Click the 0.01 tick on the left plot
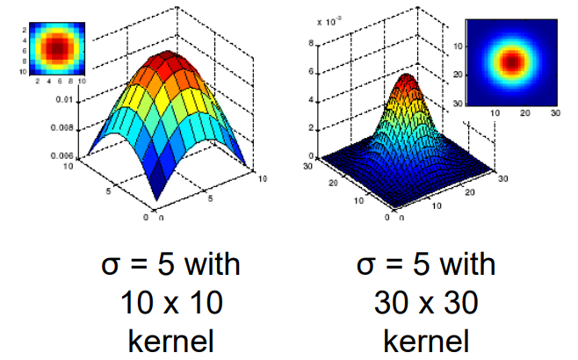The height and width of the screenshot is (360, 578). pyautogui.click(x=64, y=101)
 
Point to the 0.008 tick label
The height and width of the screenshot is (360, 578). pyautogui.click(x=61, y=128)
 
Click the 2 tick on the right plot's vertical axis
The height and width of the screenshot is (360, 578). pyautogui.click(x=322, y=128)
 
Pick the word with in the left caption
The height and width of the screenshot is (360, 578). pyautogui.click(x=209, y=266)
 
